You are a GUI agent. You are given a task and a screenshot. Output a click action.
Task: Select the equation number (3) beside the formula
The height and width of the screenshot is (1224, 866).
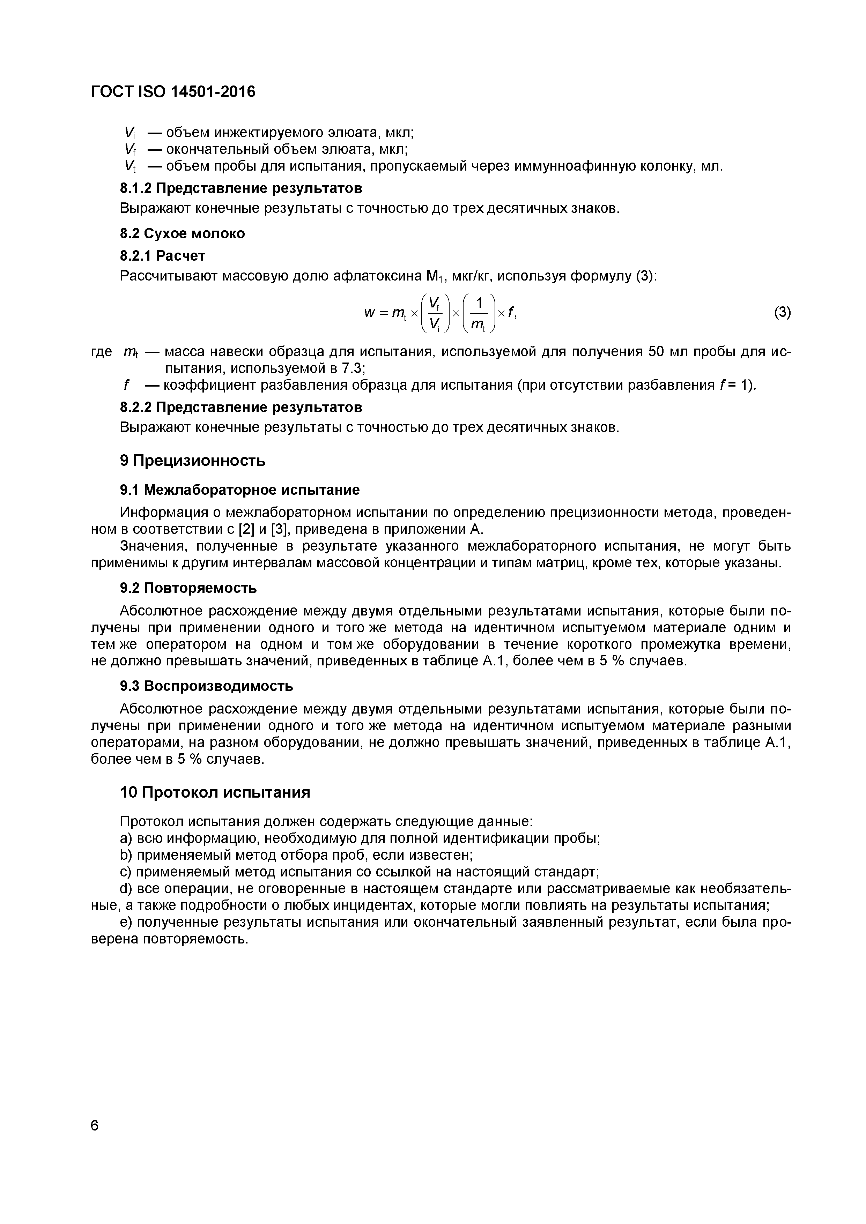[x=782, y=312]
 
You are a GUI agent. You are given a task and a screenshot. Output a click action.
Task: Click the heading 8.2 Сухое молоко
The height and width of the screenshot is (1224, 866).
[x=182, y=233]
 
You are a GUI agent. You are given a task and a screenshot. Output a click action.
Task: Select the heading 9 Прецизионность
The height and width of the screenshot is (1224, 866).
[x=193, y=461]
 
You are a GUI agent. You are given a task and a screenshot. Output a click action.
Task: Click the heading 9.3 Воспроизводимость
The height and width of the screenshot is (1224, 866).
[x=206, y=686]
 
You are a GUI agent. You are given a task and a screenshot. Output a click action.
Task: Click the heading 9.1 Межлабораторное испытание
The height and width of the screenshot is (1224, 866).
[x=240, y=490]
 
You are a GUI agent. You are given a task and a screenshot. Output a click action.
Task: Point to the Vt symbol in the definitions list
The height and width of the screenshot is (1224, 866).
[x=130, y=166]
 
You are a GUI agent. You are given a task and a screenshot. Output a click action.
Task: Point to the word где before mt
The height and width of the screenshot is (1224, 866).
[x=101, y=352]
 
